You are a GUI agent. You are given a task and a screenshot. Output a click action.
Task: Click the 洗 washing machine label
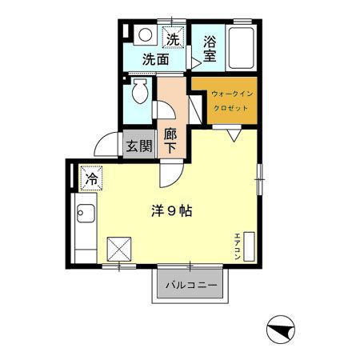(173, 38)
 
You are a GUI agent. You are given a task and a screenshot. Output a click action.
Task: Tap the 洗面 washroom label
(156, 58)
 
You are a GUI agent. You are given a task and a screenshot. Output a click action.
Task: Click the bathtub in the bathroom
(240, 49)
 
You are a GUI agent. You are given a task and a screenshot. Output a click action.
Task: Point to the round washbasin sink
(146, 35)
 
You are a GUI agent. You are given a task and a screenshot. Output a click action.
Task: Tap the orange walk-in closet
(225, 100)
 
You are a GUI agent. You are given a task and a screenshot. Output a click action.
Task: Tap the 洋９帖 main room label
(171, 212)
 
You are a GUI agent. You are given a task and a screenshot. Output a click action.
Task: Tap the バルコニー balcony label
(191, 286)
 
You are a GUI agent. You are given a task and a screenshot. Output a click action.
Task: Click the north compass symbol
(279, 329)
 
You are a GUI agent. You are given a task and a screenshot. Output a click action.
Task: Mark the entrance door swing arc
(104, 145)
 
